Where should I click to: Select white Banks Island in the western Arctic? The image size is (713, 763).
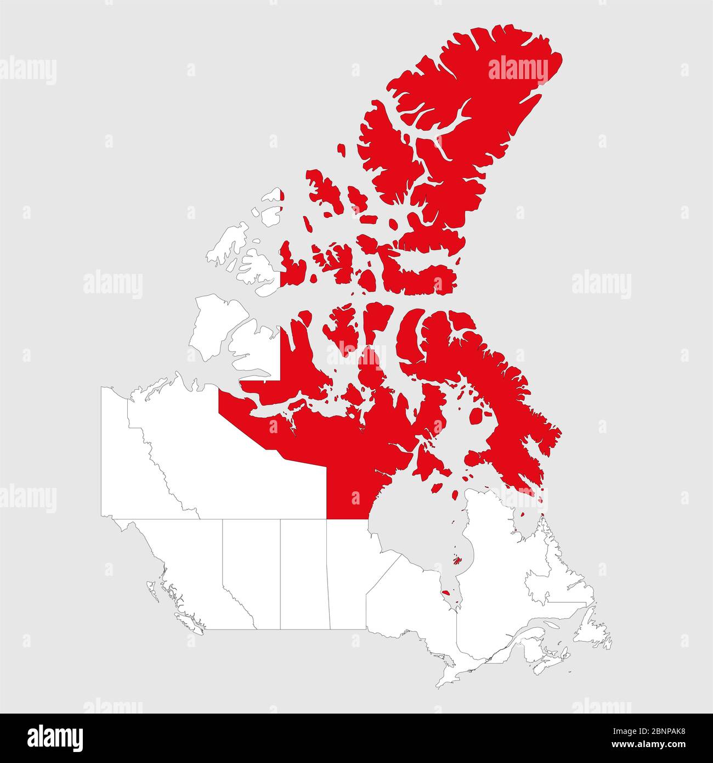[208, 324]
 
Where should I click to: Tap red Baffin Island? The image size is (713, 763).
[494, 395]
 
